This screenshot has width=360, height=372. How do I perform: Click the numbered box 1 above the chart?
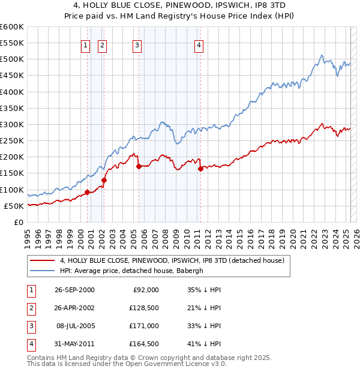point(86,44)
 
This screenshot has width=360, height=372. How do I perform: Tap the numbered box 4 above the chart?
point(199,44)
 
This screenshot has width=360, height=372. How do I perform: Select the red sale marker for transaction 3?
point(139,167)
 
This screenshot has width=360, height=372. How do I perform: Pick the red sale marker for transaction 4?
point(200,169)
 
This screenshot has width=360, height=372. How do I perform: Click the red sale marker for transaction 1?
point(88,192)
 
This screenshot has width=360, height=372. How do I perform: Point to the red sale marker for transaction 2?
point(104,180)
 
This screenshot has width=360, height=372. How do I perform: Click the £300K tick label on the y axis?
point(12,125)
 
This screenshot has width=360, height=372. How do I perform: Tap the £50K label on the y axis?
point(14,206)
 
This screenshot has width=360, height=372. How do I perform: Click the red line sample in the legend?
point(41,260)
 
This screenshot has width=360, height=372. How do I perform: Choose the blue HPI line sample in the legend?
point(41,271)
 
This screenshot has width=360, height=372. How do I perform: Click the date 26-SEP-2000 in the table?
point(74,290)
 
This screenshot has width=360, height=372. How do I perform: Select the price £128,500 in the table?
point(143,308)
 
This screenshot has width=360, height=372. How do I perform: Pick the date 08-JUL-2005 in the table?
point(75,326)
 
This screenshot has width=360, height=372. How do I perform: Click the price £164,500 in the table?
point(143,344)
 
